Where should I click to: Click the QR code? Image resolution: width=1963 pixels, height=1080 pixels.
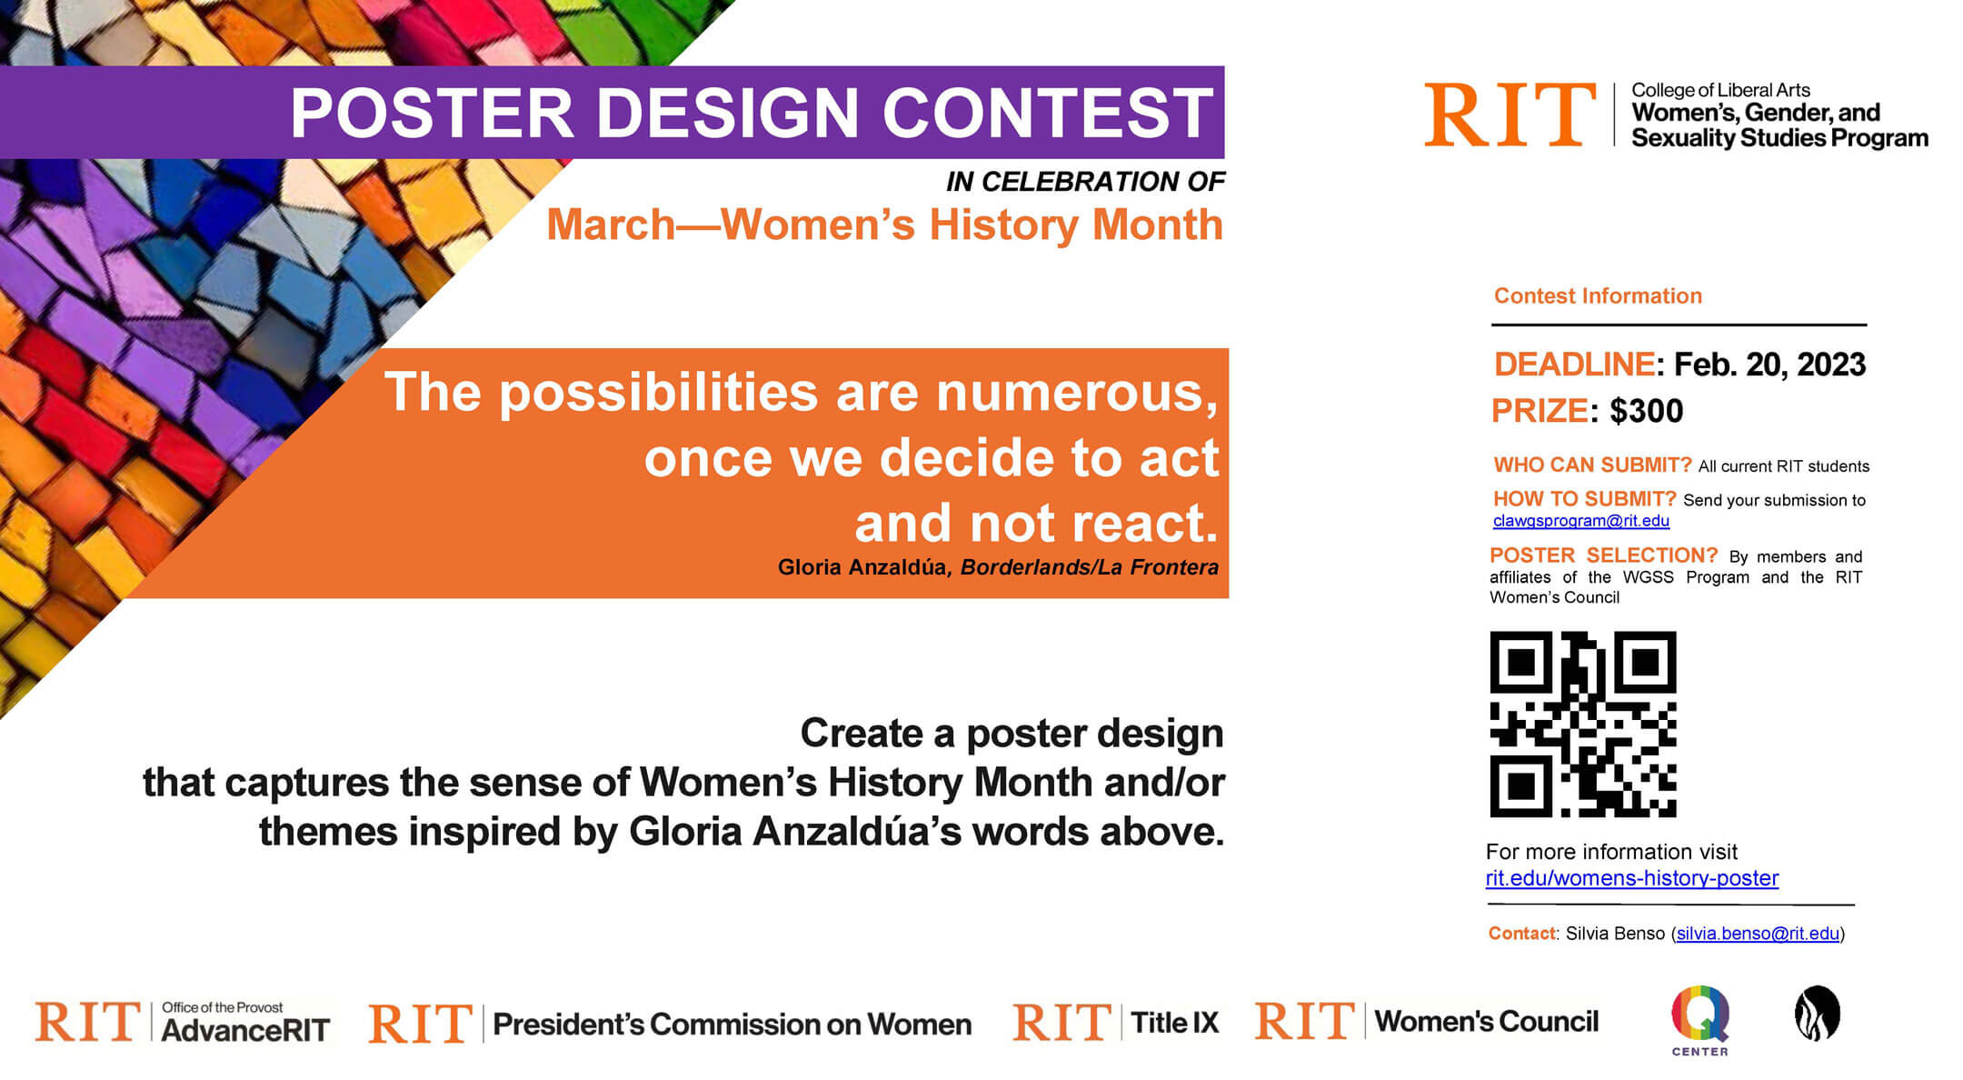pyautogui.click(x=1582, y=724)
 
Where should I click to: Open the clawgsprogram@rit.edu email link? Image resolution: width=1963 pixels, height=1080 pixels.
pyautogui.click(x=1580, y=521)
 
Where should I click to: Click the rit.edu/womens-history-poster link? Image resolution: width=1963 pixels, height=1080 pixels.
pyautogui.click(x=1631, y=878)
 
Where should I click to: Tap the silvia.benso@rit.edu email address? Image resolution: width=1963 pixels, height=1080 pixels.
pyautogui.click(x=1758, y=934)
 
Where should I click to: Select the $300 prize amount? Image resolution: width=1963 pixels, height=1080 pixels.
pyautogui.click(x=1646, y=411)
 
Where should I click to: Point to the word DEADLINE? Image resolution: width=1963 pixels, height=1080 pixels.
pyautogui.click(x=1574, y=365)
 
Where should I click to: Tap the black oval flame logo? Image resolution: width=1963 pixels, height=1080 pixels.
pyautogui.click(x=1817, y=1013)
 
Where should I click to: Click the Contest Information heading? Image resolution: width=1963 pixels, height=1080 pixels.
pyautogui.click(x=1598, y=295)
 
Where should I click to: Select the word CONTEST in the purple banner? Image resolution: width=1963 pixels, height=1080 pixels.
pyautogui.click(x=1047, y=113)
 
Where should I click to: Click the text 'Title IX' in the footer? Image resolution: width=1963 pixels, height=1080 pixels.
pyautogui.click(x=1174, y=1023)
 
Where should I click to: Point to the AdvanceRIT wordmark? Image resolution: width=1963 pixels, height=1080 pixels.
pyautogui.click(x=245, y=1031)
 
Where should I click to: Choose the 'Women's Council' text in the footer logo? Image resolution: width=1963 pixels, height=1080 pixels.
pyautogui.click(x=1486, y=1022)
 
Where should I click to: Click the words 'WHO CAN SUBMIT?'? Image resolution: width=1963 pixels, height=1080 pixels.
pyautogui.click(x=1592, y=465)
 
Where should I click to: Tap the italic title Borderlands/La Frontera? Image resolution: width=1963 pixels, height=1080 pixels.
pyautogui.click(x=1089, y=567)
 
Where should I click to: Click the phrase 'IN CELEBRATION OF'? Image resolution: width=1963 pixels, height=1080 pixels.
pyautogui.click(x=1085, y=182)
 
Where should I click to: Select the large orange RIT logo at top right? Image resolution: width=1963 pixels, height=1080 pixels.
pyautogui.click(x=1510, y=115)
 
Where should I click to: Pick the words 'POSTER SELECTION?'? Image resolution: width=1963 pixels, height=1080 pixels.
pyautogui.click(x=1603, y=555)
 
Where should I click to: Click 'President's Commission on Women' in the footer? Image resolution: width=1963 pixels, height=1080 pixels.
pyautogui.click(x=732, y=1025)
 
